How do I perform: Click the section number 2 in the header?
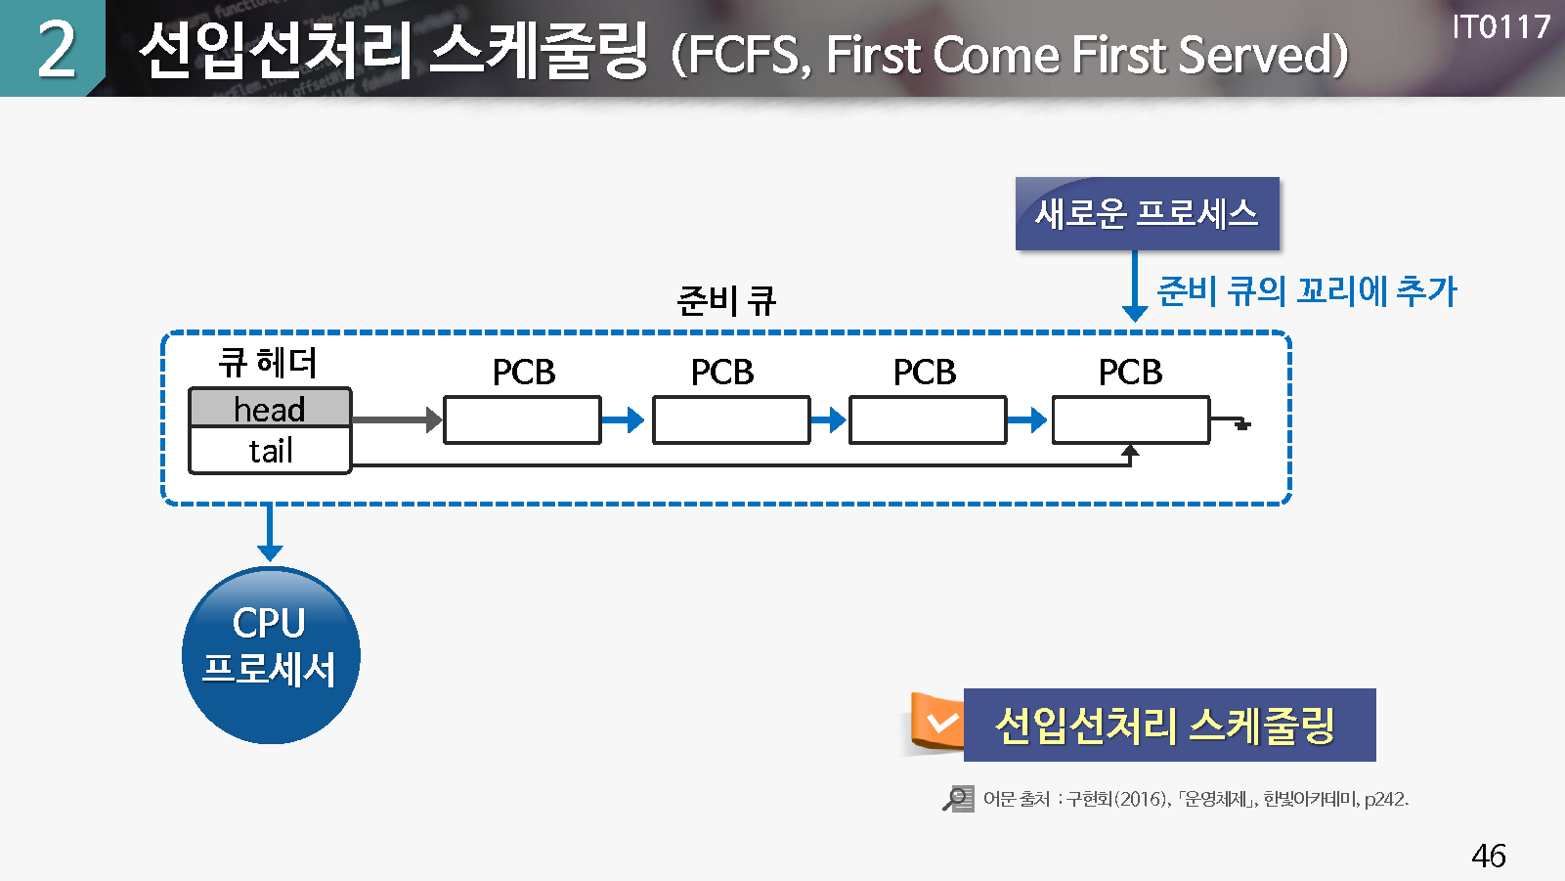[56, 49]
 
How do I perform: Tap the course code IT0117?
[1500, 27]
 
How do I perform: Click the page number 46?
[1488, 856]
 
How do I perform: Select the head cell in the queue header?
[270, 409]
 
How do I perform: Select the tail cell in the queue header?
[270, 451]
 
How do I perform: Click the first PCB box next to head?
[522, 419]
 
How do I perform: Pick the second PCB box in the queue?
[731, 419]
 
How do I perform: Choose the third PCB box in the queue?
[928, 419]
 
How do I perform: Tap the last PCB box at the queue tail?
[1131, 419]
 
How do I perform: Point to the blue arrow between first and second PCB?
[623, 420]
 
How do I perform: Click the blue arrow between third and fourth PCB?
[1027, 420]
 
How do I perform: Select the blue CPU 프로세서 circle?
[271, 655]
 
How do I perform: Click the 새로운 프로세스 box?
[1147, 213]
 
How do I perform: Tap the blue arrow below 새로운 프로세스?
[1134, 286]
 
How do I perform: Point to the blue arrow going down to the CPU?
[270, 533]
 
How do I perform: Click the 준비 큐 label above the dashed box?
[726, 300]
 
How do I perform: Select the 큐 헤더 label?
[268, 363]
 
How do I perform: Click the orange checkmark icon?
[940, 724]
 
